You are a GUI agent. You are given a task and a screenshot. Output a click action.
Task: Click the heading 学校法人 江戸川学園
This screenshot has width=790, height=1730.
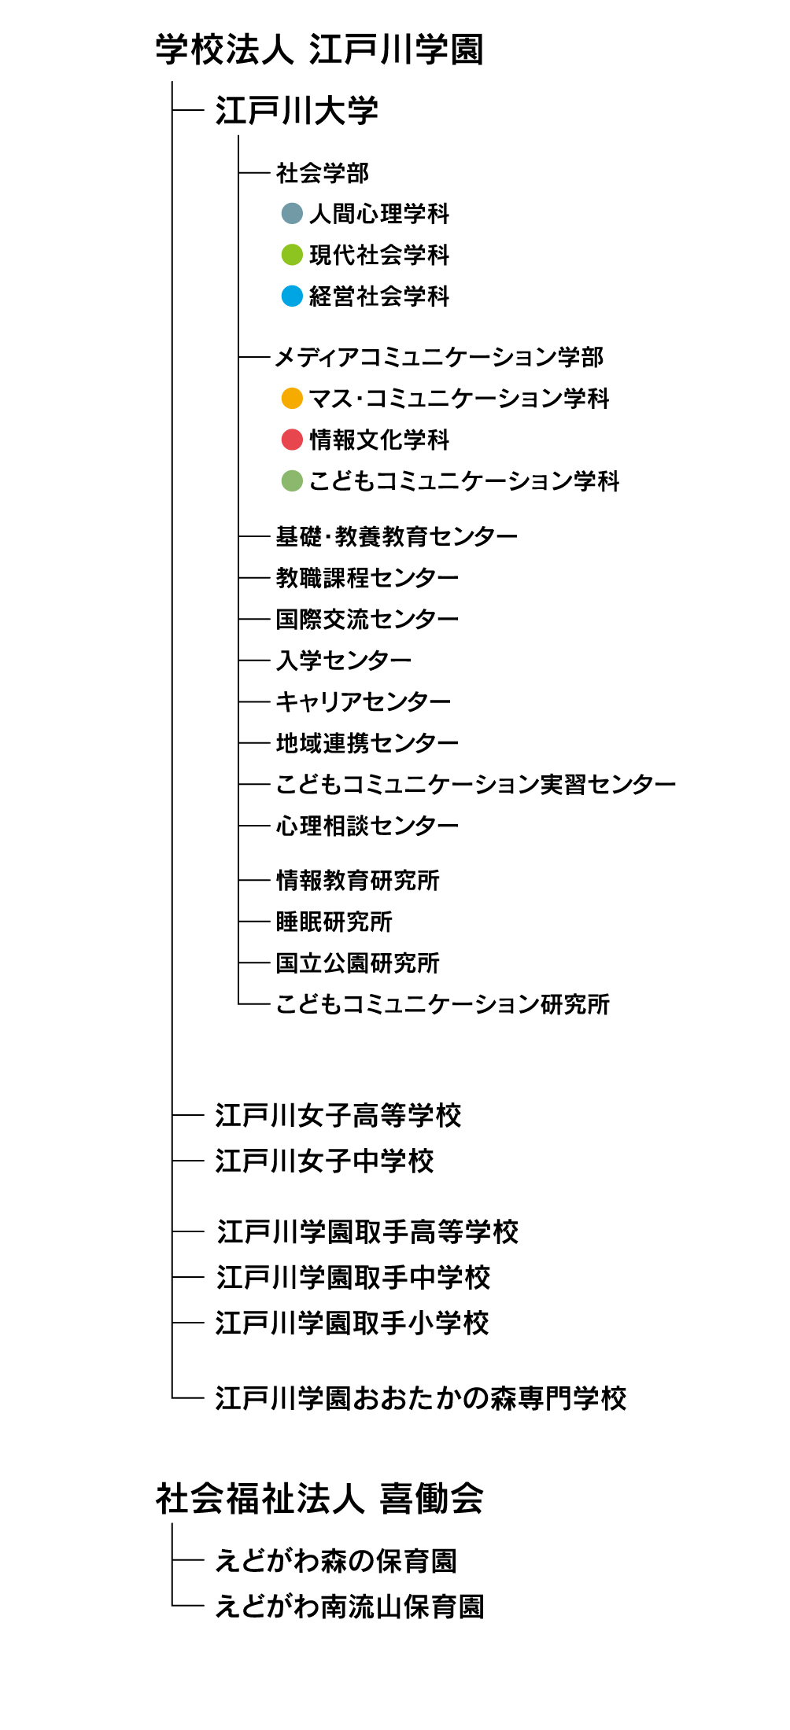click(319, 49)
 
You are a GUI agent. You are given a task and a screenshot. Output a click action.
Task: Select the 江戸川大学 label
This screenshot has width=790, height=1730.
click(297, 110)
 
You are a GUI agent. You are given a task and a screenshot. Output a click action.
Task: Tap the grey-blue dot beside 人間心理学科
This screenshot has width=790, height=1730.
click(292, 213)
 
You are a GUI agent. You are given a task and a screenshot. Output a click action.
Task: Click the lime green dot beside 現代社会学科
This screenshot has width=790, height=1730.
click(292, 255)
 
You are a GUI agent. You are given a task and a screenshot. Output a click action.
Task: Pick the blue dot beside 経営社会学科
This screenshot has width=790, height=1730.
click(292, 296)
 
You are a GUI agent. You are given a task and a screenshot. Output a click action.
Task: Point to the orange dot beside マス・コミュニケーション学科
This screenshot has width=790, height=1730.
click(292, 398)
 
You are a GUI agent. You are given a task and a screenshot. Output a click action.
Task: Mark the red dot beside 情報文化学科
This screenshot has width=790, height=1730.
click(292, 440)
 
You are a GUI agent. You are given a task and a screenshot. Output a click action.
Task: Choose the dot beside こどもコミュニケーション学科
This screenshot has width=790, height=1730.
click(292, 480)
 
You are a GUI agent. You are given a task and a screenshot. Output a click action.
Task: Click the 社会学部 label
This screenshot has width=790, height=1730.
click(323, 173)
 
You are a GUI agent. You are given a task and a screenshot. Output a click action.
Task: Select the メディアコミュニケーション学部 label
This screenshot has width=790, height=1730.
click(439, 357)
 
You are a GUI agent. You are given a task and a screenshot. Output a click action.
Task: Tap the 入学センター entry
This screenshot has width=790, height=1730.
click(344, 660)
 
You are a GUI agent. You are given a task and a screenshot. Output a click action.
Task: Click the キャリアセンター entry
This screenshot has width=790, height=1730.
click(364, 701)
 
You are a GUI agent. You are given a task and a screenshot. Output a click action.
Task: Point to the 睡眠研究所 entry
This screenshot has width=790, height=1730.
click(334, 922)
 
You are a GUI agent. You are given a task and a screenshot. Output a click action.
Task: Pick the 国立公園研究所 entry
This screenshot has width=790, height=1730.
click(358, 963)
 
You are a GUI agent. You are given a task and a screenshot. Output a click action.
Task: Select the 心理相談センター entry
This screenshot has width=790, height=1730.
click(367, 826)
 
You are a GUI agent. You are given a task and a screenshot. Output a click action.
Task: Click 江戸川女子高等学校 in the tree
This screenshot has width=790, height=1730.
click(338, 1115)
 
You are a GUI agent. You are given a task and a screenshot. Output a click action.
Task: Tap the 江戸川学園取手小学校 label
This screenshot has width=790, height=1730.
click(353, 1323)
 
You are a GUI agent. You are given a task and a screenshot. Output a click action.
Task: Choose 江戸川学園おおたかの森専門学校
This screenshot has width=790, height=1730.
click(421, 1397)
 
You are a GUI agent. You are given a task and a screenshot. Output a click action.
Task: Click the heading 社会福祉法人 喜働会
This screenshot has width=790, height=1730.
click(319, 1499)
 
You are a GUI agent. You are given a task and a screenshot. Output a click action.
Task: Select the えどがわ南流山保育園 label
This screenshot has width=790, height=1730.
click(350, 1606)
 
